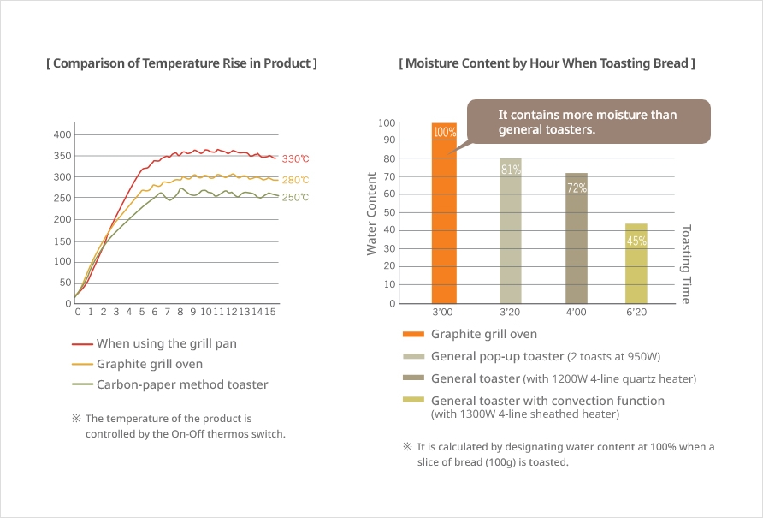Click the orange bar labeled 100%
pos(444,214)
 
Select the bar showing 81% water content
pos(511,231)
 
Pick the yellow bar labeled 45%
pos(636,264)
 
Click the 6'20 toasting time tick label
pos(636,313)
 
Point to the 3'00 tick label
pos(444,313)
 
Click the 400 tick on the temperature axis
pos(62,135)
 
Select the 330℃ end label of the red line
pos(296,159)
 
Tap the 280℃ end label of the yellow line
pos(296,181)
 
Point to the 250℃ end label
pos(296,198)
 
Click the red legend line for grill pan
pos(82,344)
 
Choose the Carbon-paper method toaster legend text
pos(182,384)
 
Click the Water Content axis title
pos(372,213)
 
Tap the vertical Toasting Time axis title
pos(686,264)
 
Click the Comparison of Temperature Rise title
pos(181,63)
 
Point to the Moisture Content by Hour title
pos(547,63)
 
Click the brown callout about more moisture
pos(588,122)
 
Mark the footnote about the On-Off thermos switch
pos(185,426)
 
